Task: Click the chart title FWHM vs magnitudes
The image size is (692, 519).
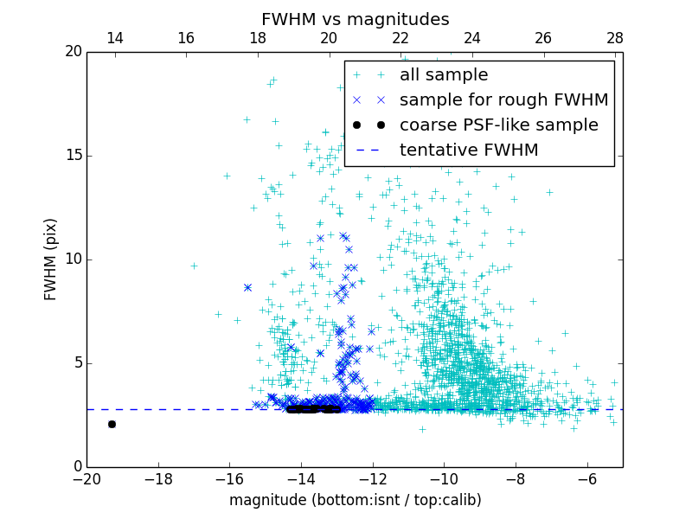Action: (355, 19)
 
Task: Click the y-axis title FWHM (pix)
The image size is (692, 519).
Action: (51, 259)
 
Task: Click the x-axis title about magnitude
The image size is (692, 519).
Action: (355, 500)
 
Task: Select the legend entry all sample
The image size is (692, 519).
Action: (444, 75)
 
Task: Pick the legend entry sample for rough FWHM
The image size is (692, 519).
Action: (503, 100)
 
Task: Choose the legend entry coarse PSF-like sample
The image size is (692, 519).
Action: (498, 125)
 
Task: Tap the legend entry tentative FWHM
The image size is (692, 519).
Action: (469, 151)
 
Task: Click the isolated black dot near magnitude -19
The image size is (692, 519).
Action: (112, 424)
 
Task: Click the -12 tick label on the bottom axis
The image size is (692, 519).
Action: (373, 479)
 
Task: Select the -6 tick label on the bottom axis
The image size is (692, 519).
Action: (587, 479)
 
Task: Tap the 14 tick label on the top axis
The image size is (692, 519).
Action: (114, 38)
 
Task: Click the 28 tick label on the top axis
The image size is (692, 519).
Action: (615, 38)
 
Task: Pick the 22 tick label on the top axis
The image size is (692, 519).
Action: (400, 38)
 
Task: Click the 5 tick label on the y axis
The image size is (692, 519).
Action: (75, 363)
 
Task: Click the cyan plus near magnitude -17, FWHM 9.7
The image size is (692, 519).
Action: (194, 266)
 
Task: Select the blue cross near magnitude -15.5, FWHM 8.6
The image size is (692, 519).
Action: (247, 287)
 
